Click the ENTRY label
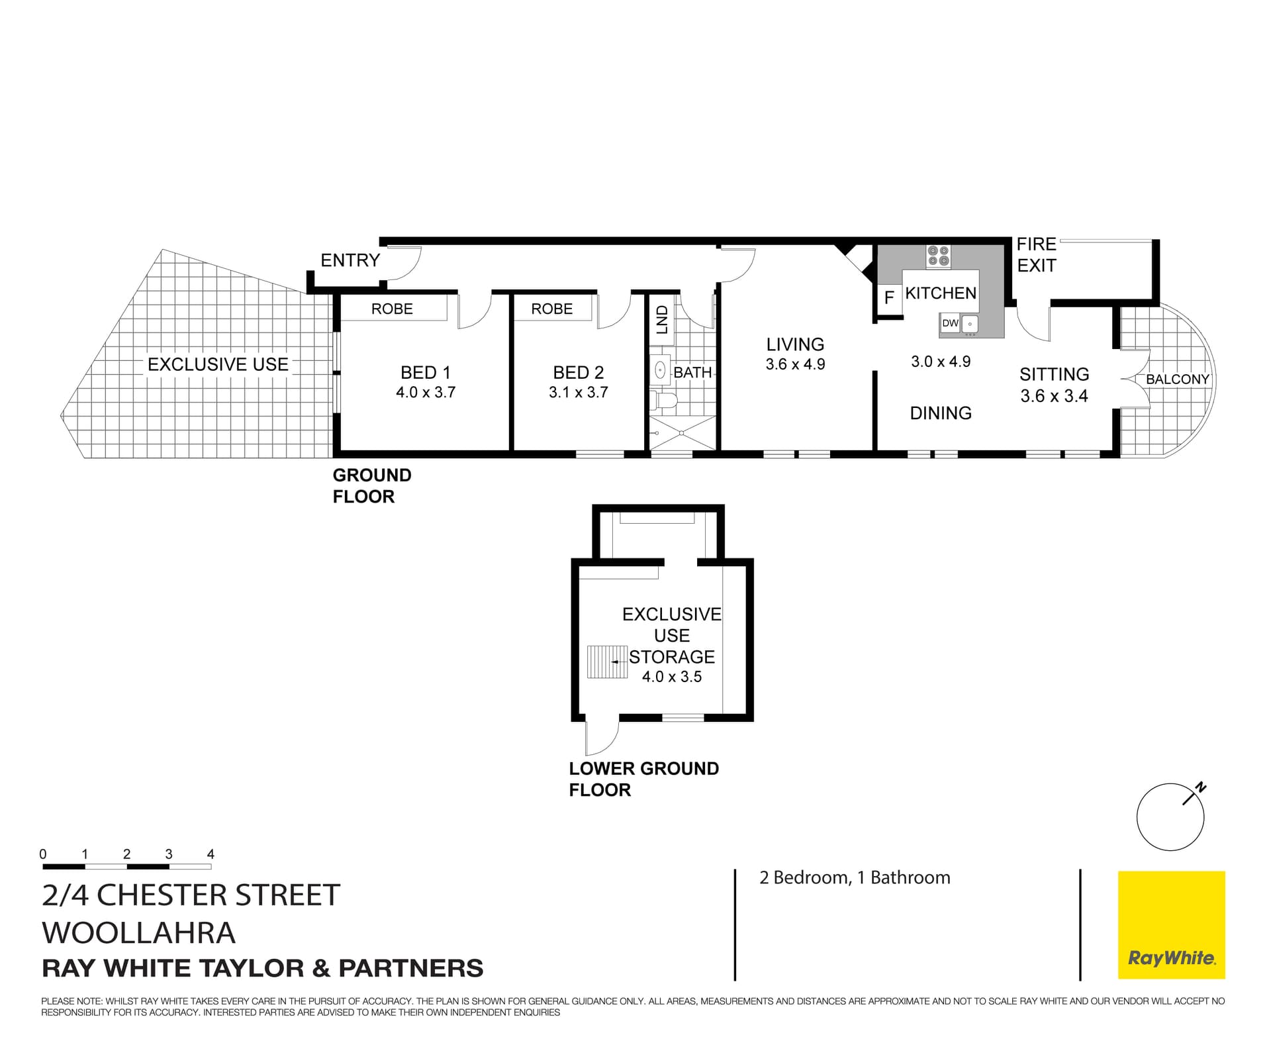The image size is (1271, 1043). click(350, 260)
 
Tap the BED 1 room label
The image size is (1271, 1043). click(425, 372)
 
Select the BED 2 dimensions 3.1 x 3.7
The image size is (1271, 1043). click(578, 393)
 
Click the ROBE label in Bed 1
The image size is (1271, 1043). click(392, 309)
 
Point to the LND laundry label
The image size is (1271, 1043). click(662, 319)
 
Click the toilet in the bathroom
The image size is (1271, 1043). click(664, 400)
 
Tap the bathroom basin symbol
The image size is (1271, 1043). click(660, 370)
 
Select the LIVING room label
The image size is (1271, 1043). click(795, 344)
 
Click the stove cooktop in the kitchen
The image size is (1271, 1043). click(938, 256)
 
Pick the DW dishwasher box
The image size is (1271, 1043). click(950, 323)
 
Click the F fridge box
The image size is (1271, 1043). click(889, 297)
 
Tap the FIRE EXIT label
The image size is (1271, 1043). click(1036, 255)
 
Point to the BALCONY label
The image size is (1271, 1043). click(1177, 379)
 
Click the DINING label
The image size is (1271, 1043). click(941, 413)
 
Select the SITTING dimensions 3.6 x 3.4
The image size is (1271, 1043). click(1054, 396)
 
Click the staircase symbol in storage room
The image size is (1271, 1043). click(607, 662)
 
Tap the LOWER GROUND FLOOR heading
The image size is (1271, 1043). click(643, 779)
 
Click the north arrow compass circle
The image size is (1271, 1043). click(1170, 817)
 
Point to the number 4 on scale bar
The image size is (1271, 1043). click(211, 854)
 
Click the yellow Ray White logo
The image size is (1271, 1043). click(1171, 924)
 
